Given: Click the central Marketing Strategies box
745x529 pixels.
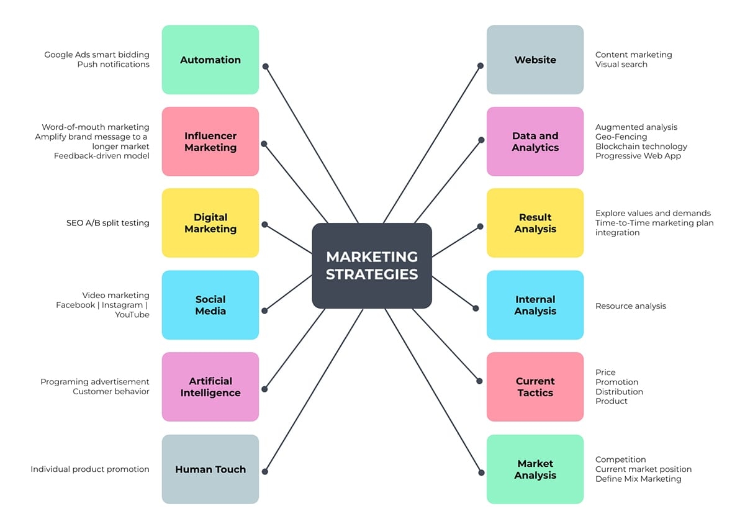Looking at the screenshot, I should click(371, 266).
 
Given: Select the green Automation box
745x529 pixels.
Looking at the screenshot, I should click(210, 60).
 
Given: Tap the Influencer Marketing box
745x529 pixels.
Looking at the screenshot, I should click(210, 142).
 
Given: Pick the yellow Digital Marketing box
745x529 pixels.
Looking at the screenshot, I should click(210, 223).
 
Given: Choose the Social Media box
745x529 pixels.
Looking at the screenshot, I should click(210, 305).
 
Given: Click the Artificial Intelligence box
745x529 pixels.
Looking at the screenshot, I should click(210, 387).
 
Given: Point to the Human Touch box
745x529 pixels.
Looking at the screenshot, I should click(210, 469).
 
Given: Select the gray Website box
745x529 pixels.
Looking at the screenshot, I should click(535, 60).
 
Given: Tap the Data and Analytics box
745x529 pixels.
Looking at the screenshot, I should click(535, 142).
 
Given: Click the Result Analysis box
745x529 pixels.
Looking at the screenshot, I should click(535, 223).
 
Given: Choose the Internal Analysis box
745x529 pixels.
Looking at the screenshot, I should click(535, 305).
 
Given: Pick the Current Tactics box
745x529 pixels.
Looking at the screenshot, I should click(535, 387).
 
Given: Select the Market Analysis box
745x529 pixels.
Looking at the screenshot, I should click(535, 469).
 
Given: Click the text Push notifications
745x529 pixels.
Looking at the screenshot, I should click(114, 65).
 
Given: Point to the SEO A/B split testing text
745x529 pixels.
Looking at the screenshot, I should click(108, 223).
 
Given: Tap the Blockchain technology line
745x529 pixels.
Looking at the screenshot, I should click(641, 147).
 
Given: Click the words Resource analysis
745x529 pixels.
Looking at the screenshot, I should click(631, 306).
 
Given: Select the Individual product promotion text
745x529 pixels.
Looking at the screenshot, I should click(90, 469).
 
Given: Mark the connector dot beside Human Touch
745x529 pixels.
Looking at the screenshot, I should click(265, 472).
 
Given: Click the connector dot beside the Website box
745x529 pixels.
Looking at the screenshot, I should click(481, 65).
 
